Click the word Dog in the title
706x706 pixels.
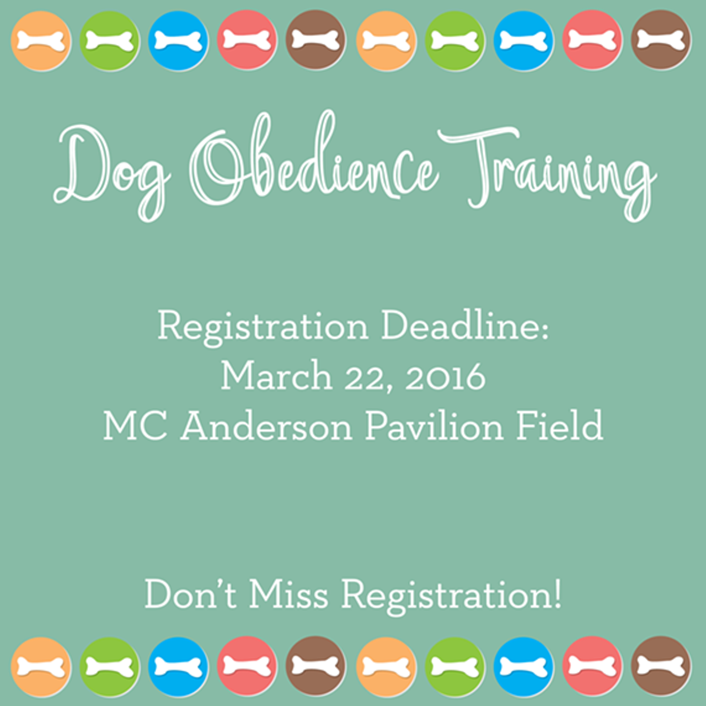(x=112, y=172)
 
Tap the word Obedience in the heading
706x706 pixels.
(x=313, y=161)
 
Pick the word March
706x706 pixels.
(x=277, y=376)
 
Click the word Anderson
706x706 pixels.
(x=266, y=425)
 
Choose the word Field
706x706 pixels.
(x=560, y=425)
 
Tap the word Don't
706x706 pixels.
(x=190, y=593)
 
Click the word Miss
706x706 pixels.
(x=288, y=593)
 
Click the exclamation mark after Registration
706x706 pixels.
(x=558, y=593)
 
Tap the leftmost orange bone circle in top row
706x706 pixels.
(x=41, y=41)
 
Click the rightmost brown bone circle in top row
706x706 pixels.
(x=661, y=40)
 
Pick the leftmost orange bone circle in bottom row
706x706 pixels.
(x=41, y=667)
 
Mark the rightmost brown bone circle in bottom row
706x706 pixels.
(x=661, y=666)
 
